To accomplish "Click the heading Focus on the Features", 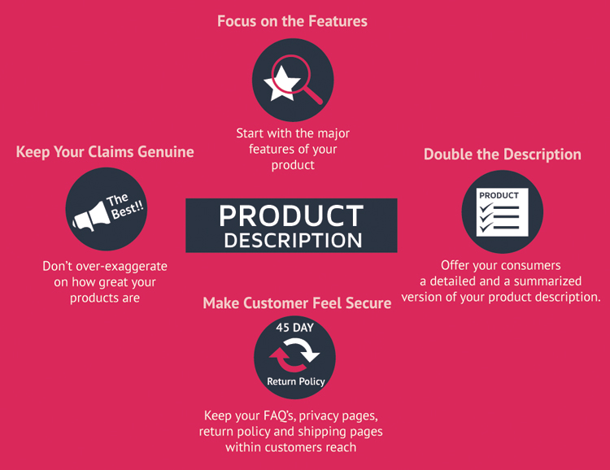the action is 292,21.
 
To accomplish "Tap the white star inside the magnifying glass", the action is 281,83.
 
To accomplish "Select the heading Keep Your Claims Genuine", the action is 105,152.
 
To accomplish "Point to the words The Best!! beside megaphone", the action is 124,206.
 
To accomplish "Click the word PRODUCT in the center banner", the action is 291,215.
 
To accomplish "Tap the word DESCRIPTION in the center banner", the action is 293,240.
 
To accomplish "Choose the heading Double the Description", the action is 503,154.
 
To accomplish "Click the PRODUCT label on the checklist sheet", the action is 499,195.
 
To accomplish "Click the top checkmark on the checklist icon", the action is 486,207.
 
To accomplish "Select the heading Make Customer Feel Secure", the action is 297,303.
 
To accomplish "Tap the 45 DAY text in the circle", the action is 294,328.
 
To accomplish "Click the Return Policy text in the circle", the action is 296,381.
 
